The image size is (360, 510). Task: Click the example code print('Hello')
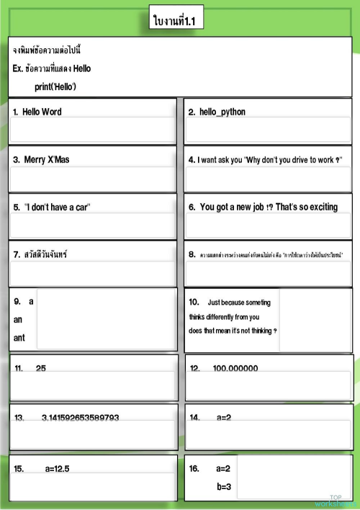pos(55,86)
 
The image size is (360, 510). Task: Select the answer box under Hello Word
pos(92,130)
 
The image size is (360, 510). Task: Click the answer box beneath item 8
pos(268,272)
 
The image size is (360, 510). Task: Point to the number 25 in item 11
pos(41,368)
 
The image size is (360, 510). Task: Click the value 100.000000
pos(235,369)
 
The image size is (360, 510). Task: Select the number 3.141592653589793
pos(81,418)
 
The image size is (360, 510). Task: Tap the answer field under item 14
pos(268,434)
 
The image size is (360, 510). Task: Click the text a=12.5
pos(57,468)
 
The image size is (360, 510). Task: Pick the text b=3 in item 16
pos(223,486)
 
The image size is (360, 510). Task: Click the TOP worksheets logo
pos(336,501)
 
